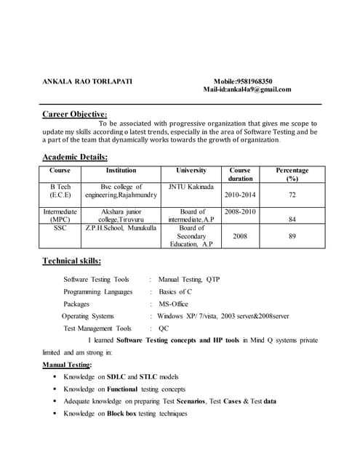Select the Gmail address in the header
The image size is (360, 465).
258,90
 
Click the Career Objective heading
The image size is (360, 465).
75,114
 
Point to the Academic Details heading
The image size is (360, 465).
75,158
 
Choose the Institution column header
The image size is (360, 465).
121,171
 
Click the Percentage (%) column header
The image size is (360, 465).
292,174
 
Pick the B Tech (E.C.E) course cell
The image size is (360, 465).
60,191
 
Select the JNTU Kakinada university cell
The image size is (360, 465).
191,187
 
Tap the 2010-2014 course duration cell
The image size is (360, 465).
241,195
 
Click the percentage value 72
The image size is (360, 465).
292,195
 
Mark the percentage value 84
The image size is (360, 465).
292,219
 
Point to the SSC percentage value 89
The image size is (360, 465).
292,236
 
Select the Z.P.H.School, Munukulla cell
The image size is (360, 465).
121,228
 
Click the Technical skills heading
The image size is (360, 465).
71,262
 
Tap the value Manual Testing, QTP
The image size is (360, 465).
189,279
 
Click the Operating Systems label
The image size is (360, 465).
88,316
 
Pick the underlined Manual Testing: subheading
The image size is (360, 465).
67,365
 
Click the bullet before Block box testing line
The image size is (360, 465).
55,414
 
